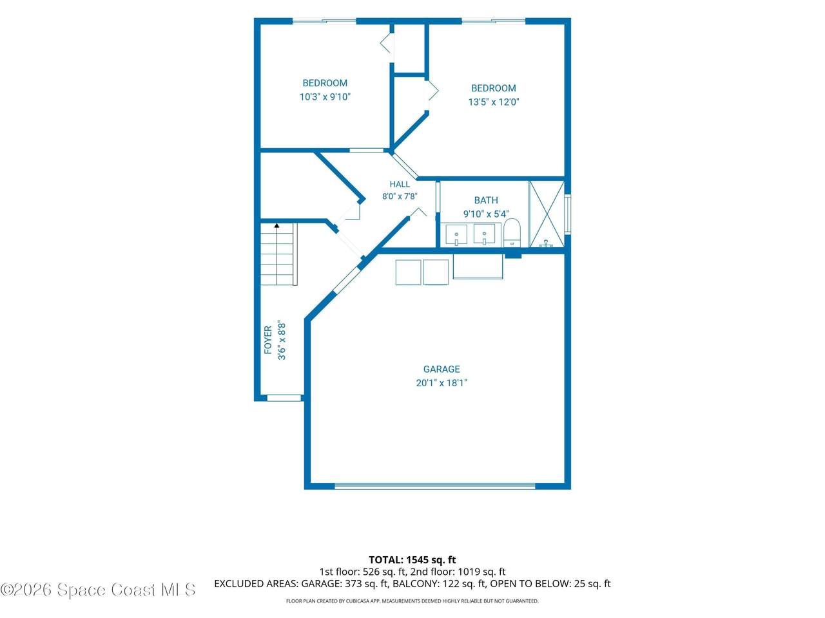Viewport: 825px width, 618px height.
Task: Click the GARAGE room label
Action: click(442, 370)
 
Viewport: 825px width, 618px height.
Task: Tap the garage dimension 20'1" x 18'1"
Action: click(442, 383)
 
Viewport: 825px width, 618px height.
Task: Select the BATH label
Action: click(485, 200)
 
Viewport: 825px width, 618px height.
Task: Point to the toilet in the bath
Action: click(511, 232)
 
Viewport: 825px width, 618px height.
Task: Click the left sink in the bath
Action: click(456, 235)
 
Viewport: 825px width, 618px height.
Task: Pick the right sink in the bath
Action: click(484, 234)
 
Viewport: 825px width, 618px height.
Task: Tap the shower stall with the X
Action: click(547, 214)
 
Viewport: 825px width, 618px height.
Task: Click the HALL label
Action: click(400, 184)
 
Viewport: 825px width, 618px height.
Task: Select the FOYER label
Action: click(268, 340)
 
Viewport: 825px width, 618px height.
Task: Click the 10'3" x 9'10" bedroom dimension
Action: click(325, 97)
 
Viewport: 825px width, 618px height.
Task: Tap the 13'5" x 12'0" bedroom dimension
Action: click(494, 102)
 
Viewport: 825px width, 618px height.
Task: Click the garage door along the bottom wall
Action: click(435, 486)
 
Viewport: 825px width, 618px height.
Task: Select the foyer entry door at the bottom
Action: click(284, 398)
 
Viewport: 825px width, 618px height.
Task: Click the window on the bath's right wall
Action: click(568, 214)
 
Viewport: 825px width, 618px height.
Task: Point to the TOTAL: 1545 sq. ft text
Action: click(412, 560)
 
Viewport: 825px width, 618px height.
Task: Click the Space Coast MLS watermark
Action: click(98, 590)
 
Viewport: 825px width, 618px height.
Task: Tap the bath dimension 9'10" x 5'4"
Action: click(486, 214)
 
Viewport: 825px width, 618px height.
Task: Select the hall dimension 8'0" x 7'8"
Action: click(400, 196)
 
